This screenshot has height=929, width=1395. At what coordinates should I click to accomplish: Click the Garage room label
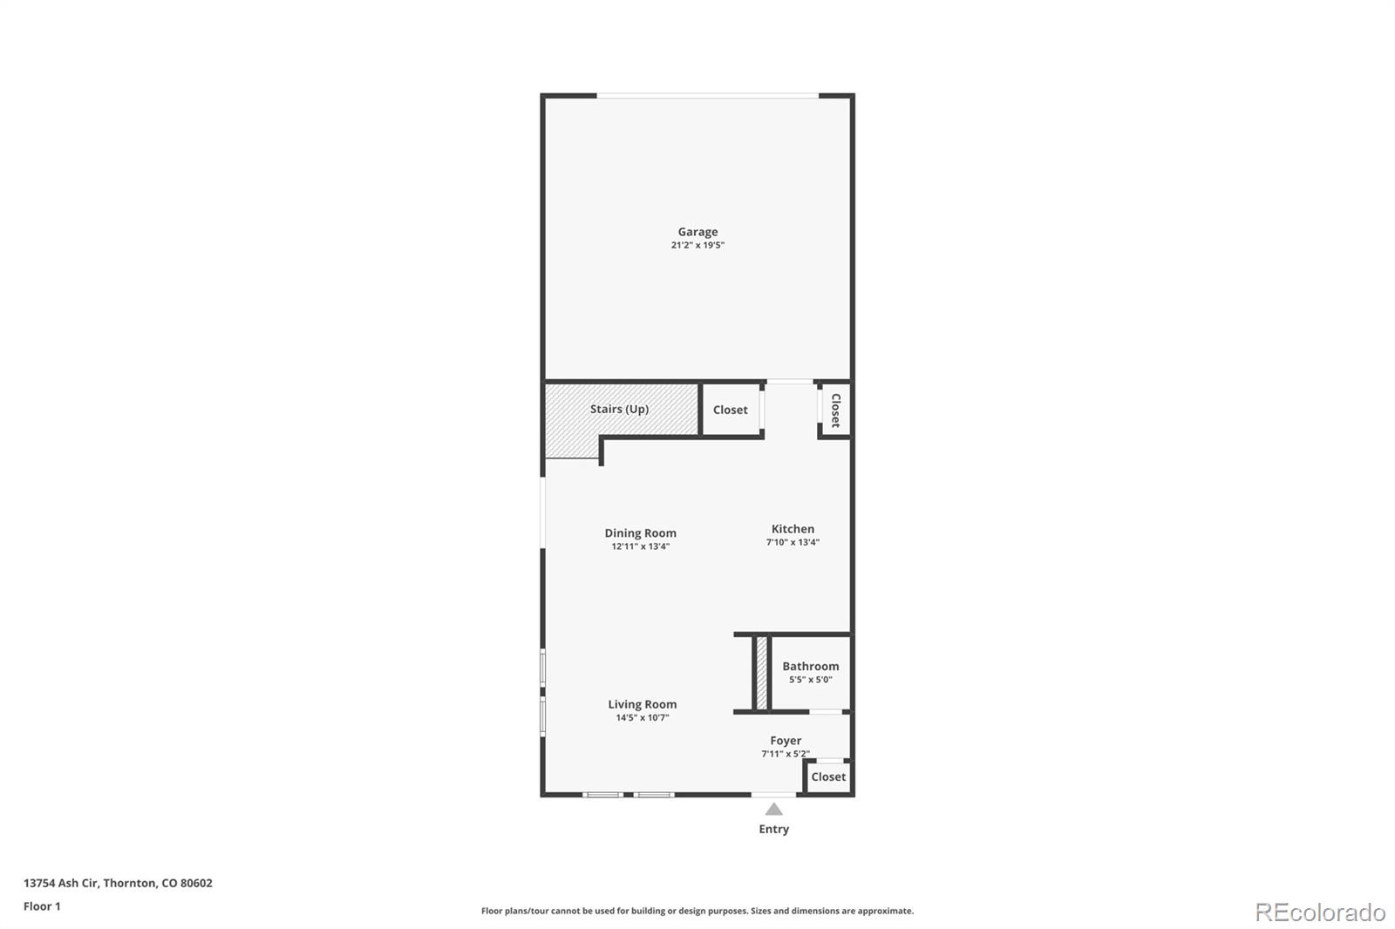point(697,232)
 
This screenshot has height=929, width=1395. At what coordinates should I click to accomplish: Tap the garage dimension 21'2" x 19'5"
point(697,246)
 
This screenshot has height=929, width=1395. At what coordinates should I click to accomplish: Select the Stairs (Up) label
point(619,409)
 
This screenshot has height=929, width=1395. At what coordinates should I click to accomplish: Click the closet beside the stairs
point(731,410)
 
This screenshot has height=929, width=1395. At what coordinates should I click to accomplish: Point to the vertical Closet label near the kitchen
point(835,410)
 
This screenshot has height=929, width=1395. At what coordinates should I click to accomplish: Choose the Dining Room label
point(641,533)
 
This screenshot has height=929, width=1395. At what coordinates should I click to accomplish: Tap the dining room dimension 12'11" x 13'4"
point(641,547)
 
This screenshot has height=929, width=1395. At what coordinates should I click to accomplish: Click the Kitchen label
point(793,529)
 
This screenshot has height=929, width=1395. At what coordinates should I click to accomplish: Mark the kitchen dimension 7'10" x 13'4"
point(793,543)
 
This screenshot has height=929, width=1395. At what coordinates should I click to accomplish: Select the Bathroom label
point(811,667)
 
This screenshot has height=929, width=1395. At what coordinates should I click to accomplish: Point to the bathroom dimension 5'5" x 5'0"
point(811,680)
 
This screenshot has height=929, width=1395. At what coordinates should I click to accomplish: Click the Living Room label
point(643,704)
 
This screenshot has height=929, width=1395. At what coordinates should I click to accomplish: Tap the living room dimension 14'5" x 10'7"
point(643,718)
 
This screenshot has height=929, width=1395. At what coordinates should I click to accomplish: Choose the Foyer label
point(786,741)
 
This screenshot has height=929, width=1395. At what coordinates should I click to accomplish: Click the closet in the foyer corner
point(828,776)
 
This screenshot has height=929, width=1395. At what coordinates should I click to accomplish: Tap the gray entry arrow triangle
point(774,810)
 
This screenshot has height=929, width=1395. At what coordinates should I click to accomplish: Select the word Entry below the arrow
point(774,829)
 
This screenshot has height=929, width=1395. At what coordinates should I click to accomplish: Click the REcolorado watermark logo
point(1320,912)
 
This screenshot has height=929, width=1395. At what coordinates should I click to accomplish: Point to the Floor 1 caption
point(42,906)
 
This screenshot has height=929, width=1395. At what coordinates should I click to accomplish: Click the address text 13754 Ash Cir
point(61,883)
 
